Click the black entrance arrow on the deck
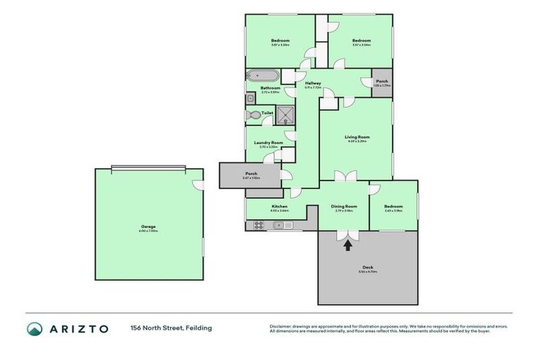click(347, 245)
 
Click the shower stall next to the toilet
click(285, 114)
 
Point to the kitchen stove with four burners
click(259, 225)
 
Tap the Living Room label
click(356, 137)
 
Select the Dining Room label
click(344, 206)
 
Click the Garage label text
click(148, 226)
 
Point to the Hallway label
click(313, 84)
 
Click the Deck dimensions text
click(368, 271)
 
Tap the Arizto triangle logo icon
click(35, 328)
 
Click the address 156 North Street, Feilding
click(170, 328)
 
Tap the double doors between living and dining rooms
click(345, 176)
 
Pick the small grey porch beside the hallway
click(381, 82)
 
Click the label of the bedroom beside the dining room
click(393, 206)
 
